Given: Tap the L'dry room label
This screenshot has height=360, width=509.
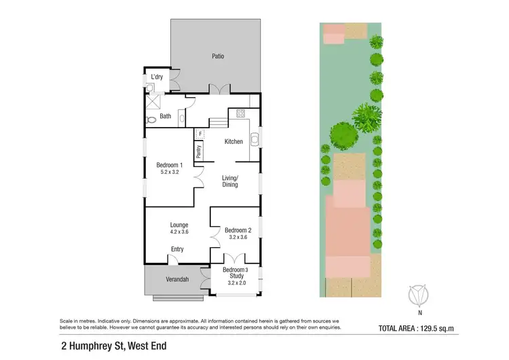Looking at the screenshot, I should [157, 77].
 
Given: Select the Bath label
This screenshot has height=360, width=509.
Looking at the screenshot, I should [166, 116].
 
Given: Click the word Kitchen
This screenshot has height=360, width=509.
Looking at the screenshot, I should [234, 141].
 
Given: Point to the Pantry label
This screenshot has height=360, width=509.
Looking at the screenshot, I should [199, 151].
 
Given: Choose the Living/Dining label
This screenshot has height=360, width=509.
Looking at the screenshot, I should [230, 181].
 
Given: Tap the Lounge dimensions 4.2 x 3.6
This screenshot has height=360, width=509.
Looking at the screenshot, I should [179, 232].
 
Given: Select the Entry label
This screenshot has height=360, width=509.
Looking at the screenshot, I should [177, 249].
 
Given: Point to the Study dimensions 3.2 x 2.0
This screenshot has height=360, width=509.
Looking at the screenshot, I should [236, 284].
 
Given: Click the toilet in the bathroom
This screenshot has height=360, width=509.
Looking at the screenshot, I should [151, 119].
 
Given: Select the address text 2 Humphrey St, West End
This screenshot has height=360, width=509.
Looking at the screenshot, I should [113, 345].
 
